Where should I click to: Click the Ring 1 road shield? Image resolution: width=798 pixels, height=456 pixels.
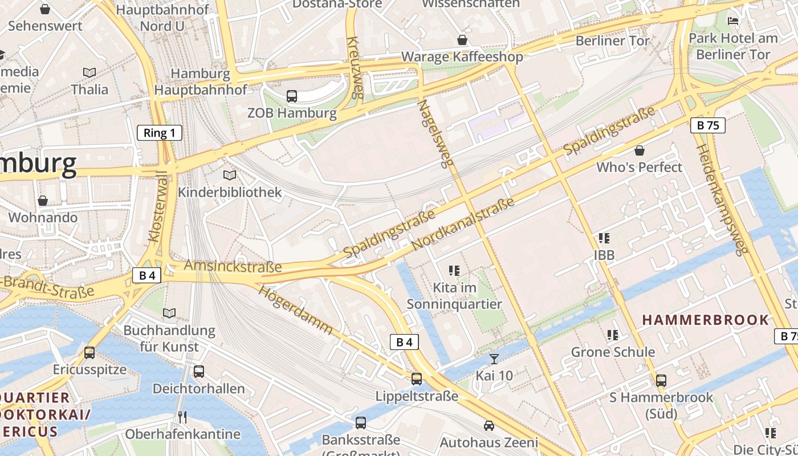tap(160, 133)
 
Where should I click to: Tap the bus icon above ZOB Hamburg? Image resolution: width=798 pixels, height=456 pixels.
tap(292, 96)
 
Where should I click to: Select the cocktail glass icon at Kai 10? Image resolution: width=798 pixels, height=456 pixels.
tap(494, 359)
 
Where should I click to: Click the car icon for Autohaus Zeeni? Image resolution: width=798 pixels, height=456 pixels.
tap(488, 425)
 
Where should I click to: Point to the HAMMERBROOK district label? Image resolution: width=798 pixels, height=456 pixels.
tap(706, 320)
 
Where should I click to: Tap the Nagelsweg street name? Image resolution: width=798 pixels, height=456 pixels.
tap(434, 134)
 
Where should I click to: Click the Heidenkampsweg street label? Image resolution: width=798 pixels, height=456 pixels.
tap(721, 199)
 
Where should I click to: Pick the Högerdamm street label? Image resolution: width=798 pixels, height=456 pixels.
tap(295, 310)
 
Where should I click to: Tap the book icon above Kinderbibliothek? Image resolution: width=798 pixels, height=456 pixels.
tap(230, 175)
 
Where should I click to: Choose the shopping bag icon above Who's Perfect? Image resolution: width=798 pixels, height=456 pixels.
tap(640, 150)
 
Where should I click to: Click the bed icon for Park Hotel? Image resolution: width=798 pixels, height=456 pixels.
tap(733, 21)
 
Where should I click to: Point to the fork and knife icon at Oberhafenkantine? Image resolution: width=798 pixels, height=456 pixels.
tap(182, 417)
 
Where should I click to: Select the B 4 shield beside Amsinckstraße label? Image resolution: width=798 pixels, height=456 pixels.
tap(147, 275)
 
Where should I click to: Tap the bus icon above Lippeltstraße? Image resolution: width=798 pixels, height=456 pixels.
tap(417, 378)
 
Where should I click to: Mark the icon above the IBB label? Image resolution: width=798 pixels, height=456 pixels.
tap(604, 238)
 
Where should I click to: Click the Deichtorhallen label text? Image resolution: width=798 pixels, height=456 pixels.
tap(198, 389)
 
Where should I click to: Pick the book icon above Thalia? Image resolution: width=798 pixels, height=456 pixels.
tap(89, 72)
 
